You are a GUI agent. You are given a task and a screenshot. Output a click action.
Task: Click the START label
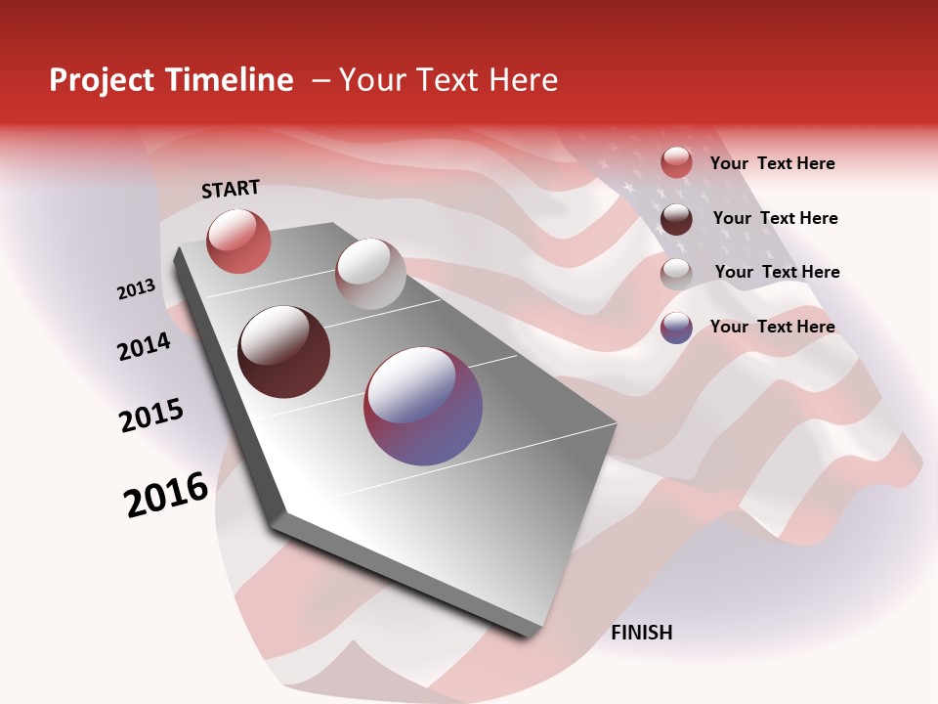[x=231, y=189]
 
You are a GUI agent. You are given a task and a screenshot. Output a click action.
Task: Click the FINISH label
[x=641, y=633]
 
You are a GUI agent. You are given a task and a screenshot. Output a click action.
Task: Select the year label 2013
[x=136, y=289]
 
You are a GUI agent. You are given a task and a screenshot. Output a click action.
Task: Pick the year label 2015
[x=151, y=416]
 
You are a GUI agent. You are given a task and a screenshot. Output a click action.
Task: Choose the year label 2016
[x=166, y=495]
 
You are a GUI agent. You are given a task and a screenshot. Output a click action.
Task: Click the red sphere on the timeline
[x=238, y=241]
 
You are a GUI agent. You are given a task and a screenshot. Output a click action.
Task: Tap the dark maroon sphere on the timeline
[x=284, y=352]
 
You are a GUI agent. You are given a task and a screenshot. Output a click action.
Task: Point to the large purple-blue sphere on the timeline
[x=423, y=406]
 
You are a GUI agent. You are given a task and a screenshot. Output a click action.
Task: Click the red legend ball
[x=676, y=163]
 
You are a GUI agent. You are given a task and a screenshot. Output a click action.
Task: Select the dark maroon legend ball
[x=676, y=219]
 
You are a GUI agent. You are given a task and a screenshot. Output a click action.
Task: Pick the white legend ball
[x=676, y=273]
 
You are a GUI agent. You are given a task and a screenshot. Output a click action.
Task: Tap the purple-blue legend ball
[x=676, y=328]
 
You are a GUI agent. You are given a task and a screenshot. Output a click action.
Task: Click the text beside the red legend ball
[x=772, y=164]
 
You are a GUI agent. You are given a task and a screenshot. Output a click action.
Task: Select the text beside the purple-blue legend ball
[x=772, y=327]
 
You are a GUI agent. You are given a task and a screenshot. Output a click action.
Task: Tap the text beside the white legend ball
[x=777, y=272]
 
